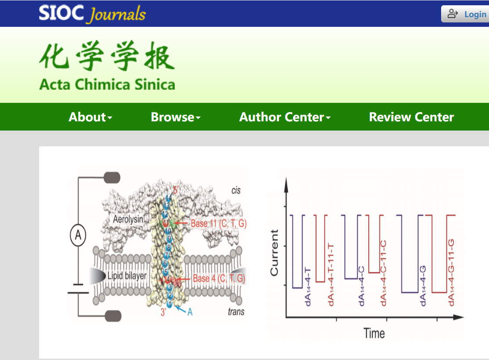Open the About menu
pos(91,117)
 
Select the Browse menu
pos(175,117)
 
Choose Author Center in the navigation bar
pos(285,117)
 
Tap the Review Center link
pos(411,117)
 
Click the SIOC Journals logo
pos(92,14)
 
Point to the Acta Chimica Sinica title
pos(107,84)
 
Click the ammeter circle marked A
pos(78,236)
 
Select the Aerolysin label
pos(128,218)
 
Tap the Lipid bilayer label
pos(127,276)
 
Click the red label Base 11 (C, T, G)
pos(219,223)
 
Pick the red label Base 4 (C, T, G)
pos(219,278)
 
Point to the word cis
pos(236,190)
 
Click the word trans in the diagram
pos(236,312)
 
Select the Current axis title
pos(275,253)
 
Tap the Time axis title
pos(374,334)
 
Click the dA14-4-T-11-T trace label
pos(331,273)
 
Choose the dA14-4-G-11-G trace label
pos(451,273)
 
